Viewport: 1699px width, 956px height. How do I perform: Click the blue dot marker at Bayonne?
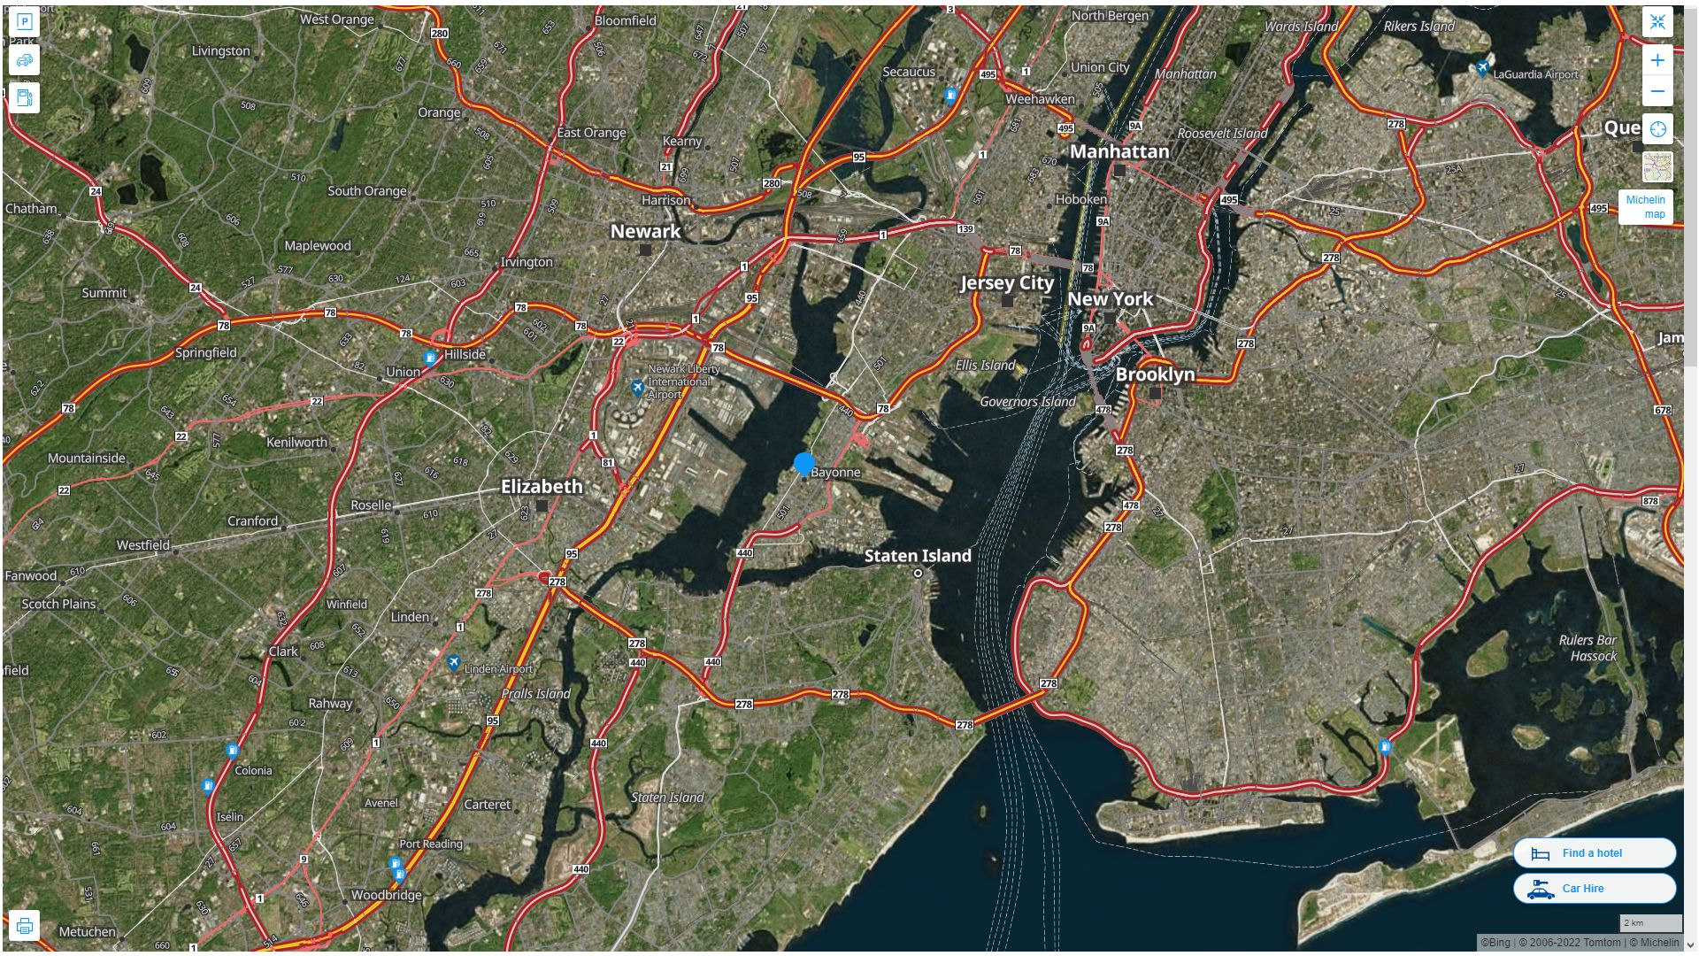803,463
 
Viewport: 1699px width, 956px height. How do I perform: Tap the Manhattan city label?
1119,152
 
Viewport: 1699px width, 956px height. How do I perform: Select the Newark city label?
645,232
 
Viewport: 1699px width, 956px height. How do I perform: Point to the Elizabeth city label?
542,487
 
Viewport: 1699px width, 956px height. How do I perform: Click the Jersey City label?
1007,283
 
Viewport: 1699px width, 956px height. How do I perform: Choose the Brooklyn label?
1155,374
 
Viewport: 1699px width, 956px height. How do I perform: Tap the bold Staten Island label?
918,556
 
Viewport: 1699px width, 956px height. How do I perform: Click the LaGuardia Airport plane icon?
1482,68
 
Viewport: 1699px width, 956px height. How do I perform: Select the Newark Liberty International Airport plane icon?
637,388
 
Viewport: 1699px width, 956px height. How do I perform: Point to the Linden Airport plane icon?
453,663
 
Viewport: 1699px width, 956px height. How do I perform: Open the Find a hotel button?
1594,853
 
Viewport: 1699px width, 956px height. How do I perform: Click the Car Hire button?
1594,889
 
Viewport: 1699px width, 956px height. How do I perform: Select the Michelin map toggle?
1645,207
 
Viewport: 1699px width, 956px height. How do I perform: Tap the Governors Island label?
1027,402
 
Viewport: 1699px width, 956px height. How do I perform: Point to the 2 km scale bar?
1650,923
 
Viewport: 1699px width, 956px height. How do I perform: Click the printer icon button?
25,926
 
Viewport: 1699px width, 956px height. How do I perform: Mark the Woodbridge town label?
387,895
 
